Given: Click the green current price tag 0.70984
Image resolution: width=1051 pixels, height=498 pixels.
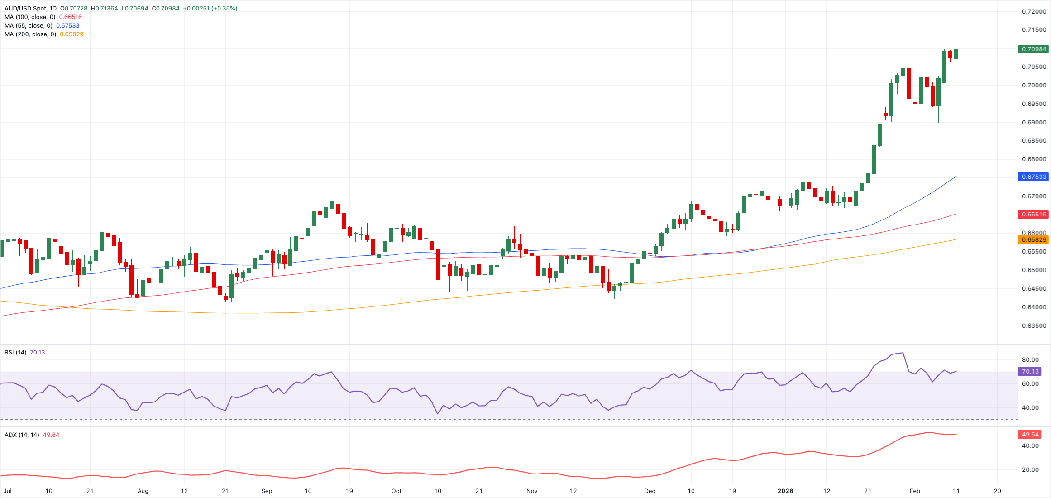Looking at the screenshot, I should pos(1034,49).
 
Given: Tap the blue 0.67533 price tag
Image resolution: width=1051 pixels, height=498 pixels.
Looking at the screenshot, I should pos(1034,177).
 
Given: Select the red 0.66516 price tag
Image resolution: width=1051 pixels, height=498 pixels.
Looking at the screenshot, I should pos(1034,214).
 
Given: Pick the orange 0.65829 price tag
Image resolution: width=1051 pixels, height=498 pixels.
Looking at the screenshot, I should pos(1034,239).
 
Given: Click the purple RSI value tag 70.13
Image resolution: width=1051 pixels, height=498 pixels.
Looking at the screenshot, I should pos(1030,371).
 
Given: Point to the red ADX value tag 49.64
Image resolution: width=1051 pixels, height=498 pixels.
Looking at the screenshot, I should pos(1030,434).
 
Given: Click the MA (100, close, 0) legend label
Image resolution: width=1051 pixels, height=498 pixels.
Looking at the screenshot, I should pos(30,17).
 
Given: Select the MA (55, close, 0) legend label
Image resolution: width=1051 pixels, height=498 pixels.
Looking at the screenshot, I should pos(28,26).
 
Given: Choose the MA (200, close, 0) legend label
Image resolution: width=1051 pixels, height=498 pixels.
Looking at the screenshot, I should pos(30,34).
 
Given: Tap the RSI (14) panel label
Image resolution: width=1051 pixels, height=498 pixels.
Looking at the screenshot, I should pos(15,352).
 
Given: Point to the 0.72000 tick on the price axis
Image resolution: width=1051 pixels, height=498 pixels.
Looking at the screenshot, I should pos(1034,11).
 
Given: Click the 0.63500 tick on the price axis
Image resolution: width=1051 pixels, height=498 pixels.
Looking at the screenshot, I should pos(1034,326).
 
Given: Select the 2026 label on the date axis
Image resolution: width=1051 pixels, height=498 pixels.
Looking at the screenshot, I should pos(785,491).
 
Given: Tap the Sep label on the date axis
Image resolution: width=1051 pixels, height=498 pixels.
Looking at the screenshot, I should pos(267,491).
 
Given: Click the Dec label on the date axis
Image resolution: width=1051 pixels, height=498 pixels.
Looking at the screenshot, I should pos(650,491).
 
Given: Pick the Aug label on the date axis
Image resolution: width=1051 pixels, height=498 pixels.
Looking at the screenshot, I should pos(143,491).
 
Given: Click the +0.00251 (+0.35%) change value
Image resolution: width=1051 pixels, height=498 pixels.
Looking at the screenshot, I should pos(210,9).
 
